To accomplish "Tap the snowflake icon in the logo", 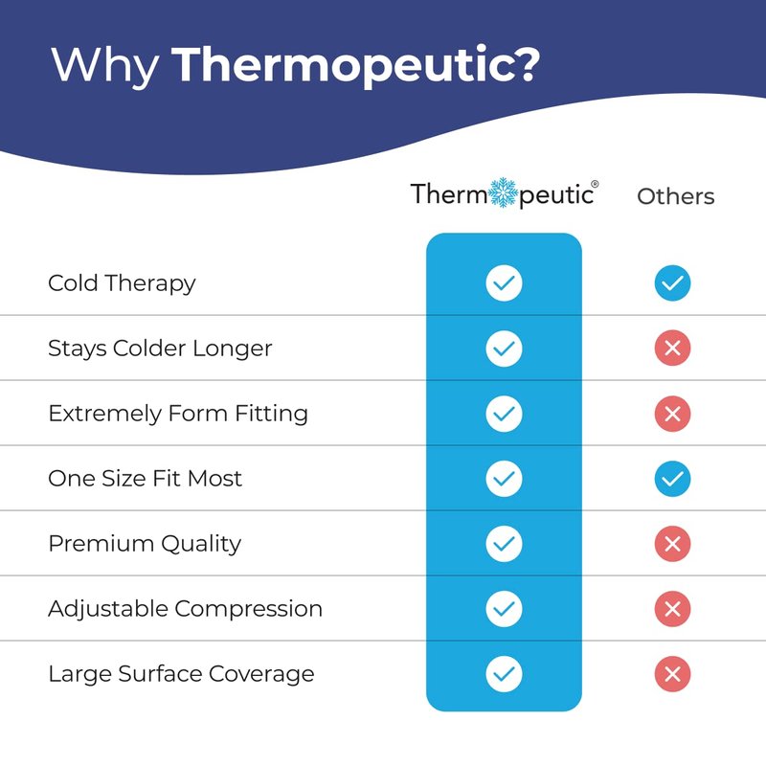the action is (504, 192).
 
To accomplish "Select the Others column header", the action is (676, 196).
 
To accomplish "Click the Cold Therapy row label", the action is (122, 283).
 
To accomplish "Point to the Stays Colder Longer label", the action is (160, 349).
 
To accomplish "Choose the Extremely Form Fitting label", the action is (178, 414).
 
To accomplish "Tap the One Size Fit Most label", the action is (146, 479).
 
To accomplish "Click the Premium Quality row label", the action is (145, 544).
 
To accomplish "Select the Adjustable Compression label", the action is (185, 609).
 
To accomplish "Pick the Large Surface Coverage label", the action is (181, 674).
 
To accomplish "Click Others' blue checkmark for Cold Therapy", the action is (672, 282).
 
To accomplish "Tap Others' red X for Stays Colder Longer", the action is (672, 349).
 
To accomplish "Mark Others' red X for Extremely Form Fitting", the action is (672, 414).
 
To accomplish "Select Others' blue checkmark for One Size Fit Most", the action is (672, 479).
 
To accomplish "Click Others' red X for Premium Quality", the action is (672, 544).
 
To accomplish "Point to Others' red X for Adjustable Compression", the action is (672, 609).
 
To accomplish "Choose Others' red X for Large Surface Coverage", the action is (672, 674).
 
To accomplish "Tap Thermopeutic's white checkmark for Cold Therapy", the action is (504, 282).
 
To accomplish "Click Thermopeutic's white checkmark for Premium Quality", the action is (504, 544).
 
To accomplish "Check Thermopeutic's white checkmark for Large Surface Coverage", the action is (504, 674).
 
